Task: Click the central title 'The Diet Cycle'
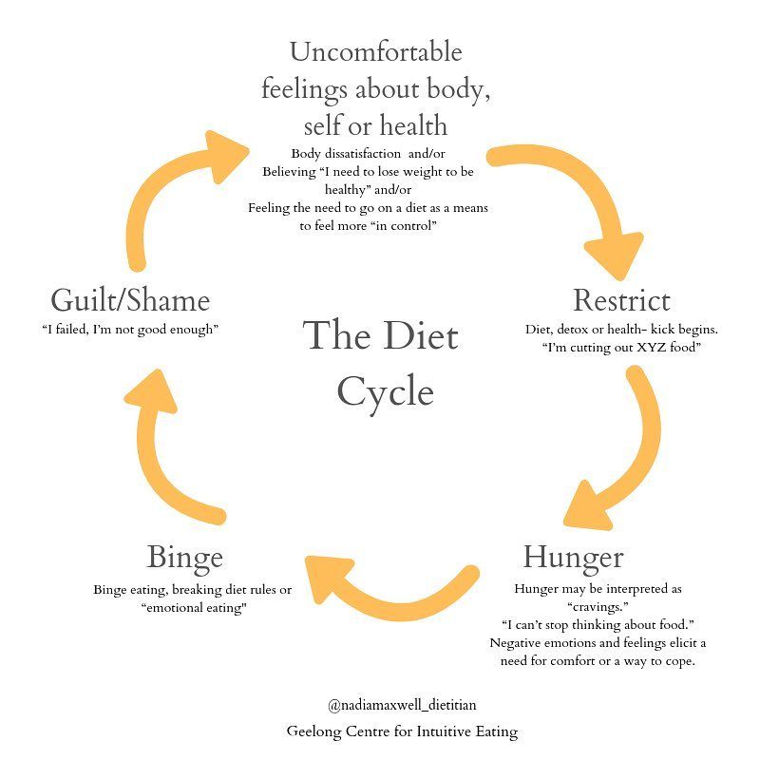tap(382, 365)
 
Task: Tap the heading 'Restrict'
tap(621, 301)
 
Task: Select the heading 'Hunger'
tap(573, 556)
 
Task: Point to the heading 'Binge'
tap(185, 557)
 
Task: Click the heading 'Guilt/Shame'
tap(130, 300)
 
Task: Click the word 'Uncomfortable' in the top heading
tap(376, 51)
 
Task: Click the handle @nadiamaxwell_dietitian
tap(403, 705)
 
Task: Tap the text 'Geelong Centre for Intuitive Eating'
tap(403, 731)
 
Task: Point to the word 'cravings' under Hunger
tap(598, 606)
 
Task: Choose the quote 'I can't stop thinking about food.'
tap(598, 624)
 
